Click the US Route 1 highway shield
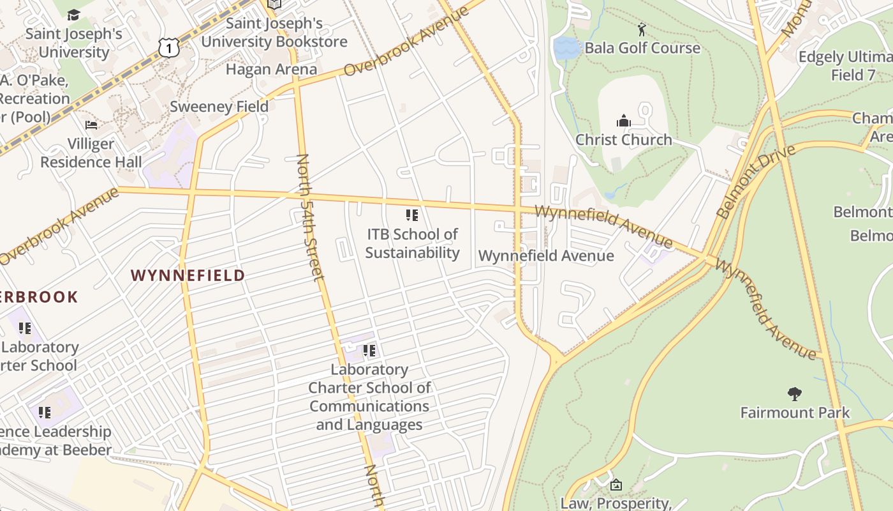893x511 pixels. click(x=168, y=47)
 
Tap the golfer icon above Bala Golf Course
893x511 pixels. click(x=642, y=29)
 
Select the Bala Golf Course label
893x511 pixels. click(x=642, y=48)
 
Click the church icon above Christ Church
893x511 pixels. click(x=623, y=121)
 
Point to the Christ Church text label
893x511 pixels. click(x=623, y=139)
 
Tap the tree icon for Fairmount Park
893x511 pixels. click(x=794, y=393)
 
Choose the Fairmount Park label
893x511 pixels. click(x=794, y=412)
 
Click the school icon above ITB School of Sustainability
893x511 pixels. click(x=412, y=215)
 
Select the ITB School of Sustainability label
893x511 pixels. click(x=412, y=243)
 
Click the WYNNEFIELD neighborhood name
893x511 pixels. click(x=188, y=275)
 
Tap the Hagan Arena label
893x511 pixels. click(x=271, y=69)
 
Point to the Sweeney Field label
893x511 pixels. click(x=219, y=106)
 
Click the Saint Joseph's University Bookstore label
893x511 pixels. click(x=274, y=33)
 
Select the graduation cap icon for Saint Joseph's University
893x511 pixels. click(x=74, y=15)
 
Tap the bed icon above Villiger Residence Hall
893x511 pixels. click(x=91, y=125)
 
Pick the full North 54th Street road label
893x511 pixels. click(x=310, y=217)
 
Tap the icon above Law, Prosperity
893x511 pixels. click(x=616, y=485)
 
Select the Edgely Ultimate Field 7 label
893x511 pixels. click(x=845, y=66)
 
